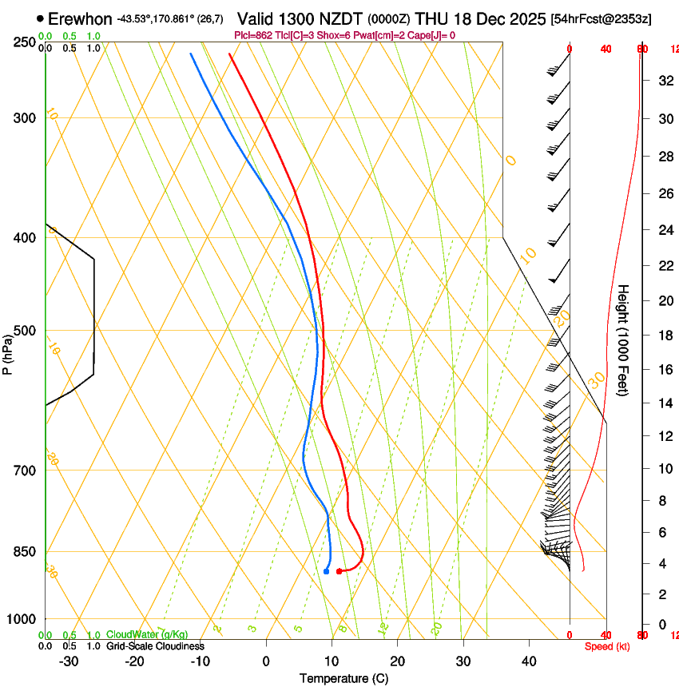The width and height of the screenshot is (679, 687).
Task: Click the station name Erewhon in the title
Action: click(x=80, y=18)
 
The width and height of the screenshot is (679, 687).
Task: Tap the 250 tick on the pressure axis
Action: click(x=24, y=42)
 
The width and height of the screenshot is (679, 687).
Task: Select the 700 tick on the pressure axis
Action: click(x=24, y=471)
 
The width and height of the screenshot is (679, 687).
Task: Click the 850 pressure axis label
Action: click(x=24, y=552)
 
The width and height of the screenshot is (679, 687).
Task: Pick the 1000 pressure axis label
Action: click(x=22, y=619)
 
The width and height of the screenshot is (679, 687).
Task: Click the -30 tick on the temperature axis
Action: click(x=69, y=661)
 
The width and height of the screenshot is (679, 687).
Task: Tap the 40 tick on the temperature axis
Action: click(x=529, y=661)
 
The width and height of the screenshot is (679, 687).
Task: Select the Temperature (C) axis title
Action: click(x=343, y=678)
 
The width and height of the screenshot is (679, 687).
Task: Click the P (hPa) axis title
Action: click(x=8, y=352)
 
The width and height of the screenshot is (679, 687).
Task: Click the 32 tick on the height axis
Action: click(x=663, y=80)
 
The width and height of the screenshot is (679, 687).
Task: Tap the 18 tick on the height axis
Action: click(x=663, y=335)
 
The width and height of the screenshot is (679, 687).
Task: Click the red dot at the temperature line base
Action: click(x=339, y=571)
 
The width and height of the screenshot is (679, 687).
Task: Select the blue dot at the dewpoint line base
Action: click(x=327, y=571)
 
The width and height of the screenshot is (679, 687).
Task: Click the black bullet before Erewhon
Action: click(x=40, y=18)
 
